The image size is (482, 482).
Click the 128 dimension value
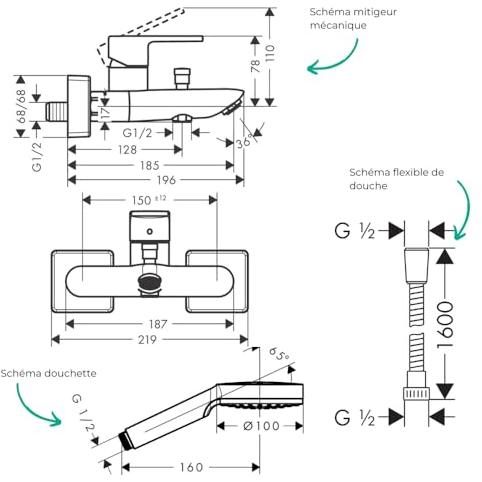[x=127, y=150]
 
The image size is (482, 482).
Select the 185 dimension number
[x=150, y=165]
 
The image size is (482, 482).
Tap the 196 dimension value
[x=166, y=180]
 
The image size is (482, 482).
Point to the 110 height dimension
[x=269, y=53]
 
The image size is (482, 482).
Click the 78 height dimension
[x=255, y=66]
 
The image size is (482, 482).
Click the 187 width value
[x=158, y=324]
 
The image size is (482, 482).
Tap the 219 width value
[x=147, y=340]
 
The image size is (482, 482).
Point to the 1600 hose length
[x=445, y=325]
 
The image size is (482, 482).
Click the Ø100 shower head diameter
[x=261, y=426]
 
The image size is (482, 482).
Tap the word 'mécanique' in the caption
[x=338, y=25]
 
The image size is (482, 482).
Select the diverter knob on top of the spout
[x=182, y=79]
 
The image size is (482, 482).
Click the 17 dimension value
[x=106, y=113]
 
